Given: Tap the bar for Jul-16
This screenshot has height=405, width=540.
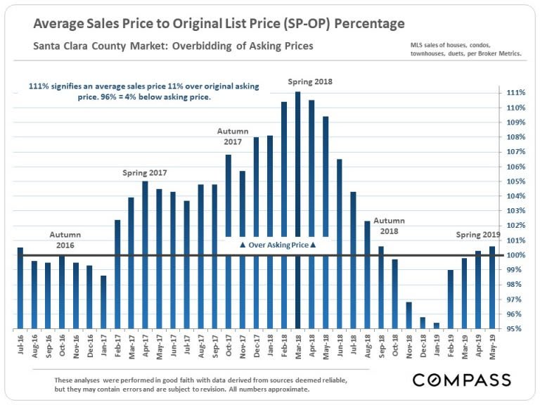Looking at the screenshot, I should point(20,288).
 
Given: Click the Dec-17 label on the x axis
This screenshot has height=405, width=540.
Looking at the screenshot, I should point(257,345).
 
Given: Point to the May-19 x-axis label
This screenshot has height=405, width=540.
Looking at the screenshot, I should point(492,345).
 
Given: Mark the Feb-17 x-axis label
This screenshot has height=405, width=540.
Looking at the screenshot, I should point(118,345).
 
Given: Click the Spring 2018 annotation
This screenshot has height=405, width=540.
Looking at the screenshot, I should point(309,82).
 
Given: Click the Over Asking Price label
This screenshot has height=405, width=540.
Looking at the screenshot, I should point(278,245).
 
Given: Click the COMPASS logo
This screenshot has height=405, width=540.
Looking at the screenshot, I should point(461,380).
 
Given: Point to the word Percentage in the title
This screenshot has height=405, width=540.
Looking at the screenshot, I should point(369,24).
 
